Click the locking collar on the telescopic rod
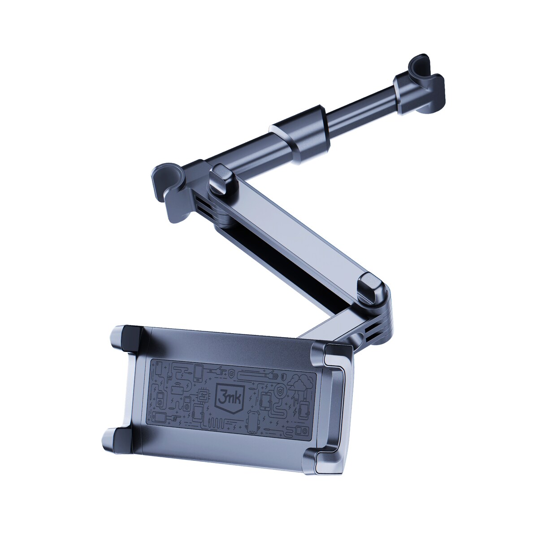click(x=299, y=132)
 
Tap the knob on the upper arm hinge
click(x=223, y=178)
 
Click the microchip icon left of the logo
click(x=203, y=395)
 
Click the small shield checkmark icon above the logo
click(x=231, y=373)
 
